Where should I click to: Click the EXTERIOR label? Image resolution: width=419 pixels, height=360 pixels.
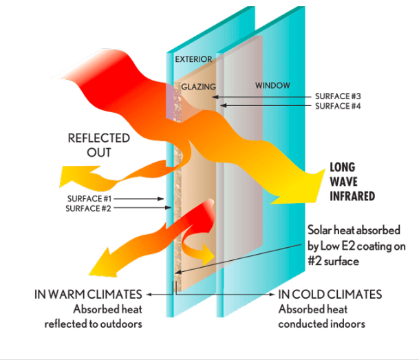click(193, 59)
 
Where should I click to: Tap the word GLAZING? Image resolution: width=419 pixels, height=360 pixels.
click(199, 87)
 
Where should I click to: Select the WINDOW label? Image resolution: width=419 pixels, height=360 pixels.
click(273, 85)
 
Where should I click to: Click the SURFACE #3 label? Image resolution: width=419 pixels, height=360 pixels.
click(338, 96)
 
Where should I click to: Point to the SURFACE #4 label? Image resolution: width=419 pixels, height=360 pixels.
click(338, 106)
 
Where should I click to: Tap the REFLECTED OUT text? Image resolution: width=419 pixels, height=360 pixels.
click(89, 145)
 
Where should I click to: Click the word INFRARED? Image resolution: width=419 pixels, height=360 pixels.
click(353, 196)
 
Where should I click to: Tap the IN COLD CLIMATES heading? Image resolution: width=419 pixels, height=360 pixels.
click(330, 295)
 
